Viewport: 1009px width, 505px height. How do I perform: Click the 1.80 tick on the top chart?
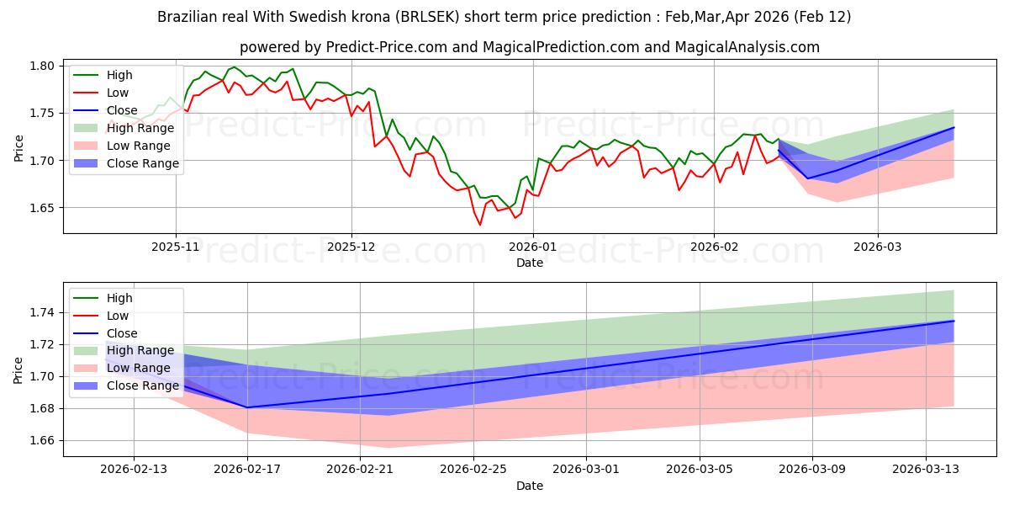43,66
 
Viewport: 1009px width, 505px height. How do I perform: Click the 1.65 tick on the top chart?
43,208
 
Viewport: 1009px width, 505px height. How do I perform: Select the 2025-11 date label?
176,248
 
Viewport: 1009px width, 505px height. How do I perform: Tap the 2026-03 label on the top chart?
878,248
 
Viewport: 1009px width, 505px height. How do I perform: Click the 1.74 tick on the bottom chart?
43,313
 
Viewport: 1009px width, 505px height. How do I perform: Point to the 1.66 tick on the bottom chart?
43,441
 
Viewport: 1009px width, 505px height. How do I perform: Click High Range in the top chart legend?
140,128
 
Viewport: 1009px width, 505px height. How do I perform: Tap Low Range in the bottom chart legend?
139,368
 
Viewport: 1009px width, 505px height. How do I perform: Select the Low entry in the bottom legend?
118,316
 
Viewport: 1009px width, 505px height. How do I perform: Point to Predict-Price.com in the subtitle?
391,47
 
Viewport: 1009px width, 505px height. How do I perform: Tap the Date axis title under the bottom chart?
530,486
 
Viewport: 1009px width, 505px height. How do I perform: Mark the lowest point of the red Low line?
480,225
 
